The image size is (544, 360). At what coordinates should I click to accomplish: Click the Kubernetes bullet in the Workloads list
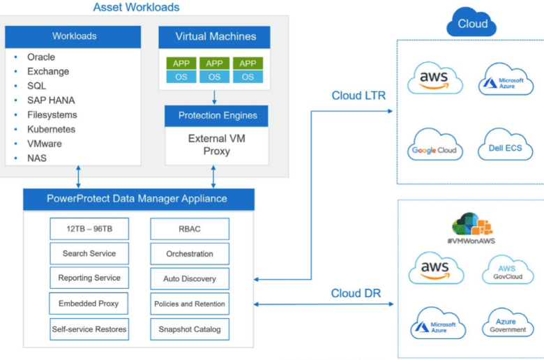coord(52,130)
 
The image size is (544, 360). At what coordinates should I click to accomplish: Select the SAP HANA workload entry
coord(51,100)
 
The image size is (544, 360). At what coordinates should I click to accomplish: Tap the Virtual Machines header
coord(214,37)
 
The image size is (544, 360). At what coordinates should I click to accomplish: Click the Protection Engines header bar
coord(216,116)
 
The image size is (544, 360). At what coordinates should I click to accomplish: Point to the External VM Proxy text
coord(217,144)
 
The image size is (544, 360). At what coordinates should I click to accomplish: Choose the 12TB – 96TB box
coord(89,229)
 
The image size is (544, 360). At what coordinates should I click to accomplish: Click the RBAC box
coord(190,229)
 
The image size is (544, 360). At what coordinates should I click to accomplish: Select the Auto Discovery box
coord(190,278)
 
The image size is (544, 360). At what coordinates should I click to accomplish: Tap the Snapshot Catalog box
coord(190,329)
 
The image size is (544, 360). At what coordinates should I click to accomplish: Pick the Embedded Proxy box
coord(89,303)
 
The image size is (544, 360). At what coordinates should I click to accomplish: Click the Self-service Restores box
coord(89,329)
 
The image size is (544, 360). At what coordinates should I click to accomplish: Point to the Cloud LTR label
coord(358,96)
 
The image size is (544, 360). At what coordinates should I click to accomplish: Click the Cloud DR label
coord(356,293)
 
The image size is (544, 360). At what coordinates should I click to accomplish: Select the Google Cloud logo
coord(435,144)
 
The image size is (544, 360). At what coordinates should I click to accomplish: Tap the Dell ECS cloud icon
coord(506,144)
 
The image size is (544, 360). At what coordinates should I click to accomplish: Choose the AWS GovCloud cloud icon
coord(508,270)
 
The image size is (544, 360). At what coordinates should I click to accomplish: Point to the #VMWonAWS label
coord(471,241)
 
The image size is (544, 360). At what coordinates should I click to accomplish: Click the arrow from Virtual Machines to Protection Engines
coord(214,98)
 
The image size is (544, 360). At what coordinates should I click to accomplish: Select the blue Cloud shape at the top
coord(471,22)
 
